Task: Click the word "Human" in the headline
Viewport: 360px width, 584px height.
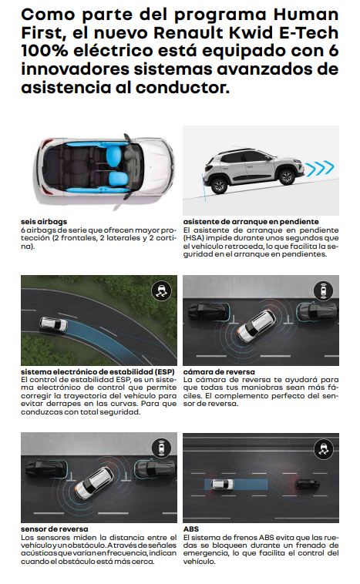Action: pos(306,15)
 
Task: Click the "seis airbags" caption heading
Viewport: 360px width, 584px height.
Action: pos(44,222)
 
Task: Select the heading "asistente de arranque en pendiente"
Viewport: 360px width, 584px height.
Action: pos(251,222)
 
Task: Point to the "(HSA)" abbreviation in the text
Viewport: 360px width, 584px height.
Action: pos(193,238)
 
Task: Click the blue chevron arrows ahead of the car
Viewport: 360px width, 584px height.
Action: pos(319,168)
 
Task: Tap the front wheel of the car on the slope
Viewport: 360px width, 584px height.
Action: pos(286,176)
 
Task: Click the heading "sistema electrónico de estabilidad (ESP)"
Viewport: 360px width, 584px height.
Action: pos(98,371)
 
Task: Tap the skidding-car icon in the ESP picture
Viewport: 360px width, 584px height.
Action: pos(161,290)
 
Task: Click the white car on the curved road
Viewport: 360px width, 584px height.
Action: pos(54,324)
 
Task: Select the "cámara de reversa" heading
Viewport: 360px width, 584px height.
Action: pos(219,371)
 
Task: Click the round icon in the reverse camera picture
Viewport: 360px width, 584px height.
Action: pos(324,290)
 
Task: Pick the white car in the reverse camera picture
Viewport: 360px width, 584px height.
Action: pos(257,326)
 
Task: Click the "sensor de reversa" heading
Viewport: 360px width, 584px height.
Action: pos(55,529)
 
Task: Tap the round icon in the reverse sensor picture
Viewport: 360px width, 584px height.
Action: pos(161,448)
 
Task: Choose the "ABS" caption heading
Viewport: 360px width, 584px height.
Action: pos(191,529)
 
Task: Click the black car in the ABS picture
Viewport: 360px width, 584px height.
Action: pos(308,485)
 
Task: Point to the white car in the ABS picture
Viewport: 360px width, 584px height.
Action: pos(223,485)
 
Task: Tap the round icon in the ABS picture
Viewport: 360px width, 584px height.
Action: pos(324,448)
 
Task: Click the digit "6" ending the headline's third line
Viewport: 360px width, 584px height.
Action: pos(333,51)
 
